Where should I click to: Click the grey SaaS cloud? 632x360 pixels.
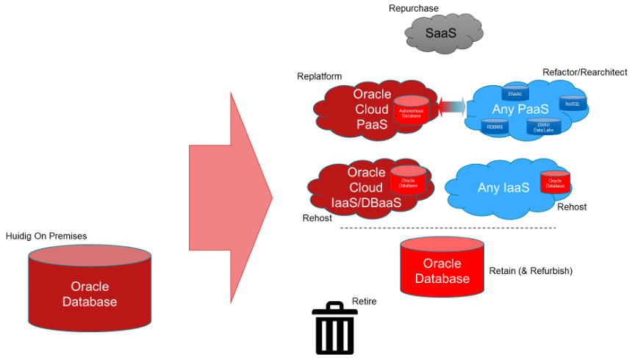(444, 32)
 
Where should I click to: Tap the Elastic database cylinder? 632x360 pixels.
(514, 93)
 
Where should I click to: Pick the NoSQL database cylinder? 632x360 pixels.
(572, 104)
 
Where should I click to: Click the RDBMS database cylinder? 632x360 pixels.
(493, 126)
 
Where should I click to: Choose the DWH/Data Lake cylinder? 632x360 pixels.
(543, 126)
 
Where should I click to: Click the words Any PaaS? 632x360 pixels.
(521, 109)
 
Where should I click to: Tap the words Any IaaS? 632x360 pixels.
(503, 187)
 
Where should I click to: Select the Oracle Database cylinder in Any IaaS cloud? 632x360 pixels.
(556, 182)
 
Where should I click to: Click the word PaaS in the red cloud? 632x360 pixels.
(372, 124)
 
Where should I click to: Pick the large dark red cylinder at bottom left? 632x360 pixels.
(90, 288)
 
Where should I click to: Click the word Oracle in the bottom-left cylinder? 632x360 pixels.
(90, 286)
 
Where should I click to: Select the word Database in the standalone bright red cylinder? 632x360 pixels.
(442, 278)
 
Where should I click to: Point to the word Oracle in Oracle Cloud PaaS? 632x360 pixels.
(372, 94)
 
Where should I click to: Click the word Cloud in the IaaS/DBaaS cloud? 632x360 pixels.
(366, 187)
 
